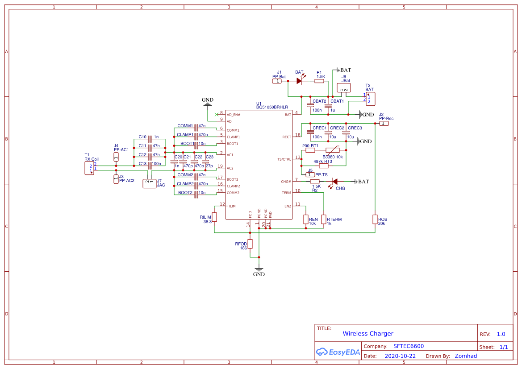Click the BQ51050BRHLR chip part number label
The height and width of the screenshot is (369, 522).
[x=272, y=107]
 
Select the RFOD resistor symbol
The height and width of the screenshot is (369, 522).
[x=250, y=244]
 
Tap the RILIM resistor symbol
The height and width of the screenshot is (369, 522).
[x=214, y=217]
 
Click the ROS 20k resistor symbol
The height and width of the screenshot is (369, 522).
[x=375, y=219]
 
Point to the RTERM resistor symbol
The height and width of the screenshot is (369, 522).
[x=324, y=219]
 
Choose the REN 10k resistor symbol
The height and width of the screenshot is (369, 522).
[x=306, y=219]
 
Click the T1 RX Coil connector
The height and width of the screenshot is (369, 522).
[x=89, y=168]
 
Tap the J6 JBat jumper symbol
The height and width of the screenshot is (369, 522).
[x=343, y=87]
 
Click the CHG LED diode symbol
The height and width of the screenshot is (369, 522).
[x=334, y=181]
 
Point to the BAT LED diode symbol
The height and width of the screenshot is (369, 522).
[x=299, y=81]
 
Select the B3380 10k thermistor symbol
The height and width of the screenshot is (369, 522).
[x=333, y=150]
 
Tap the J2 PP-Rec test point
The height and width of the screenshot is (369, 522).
[x=384, y=124]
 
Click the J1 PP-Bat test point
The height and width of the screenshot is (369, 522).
[x=278, y=81]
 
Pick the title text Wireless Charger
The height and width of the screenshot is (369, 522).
[x=368, y=333]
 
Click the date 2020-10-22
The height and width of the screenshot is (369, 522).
[x=400, y=356]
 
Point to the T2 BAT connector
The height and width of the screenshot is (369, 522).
[x=371, y=99]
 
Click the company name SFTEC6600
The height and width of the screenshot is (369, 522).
[x=408, y=346]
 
